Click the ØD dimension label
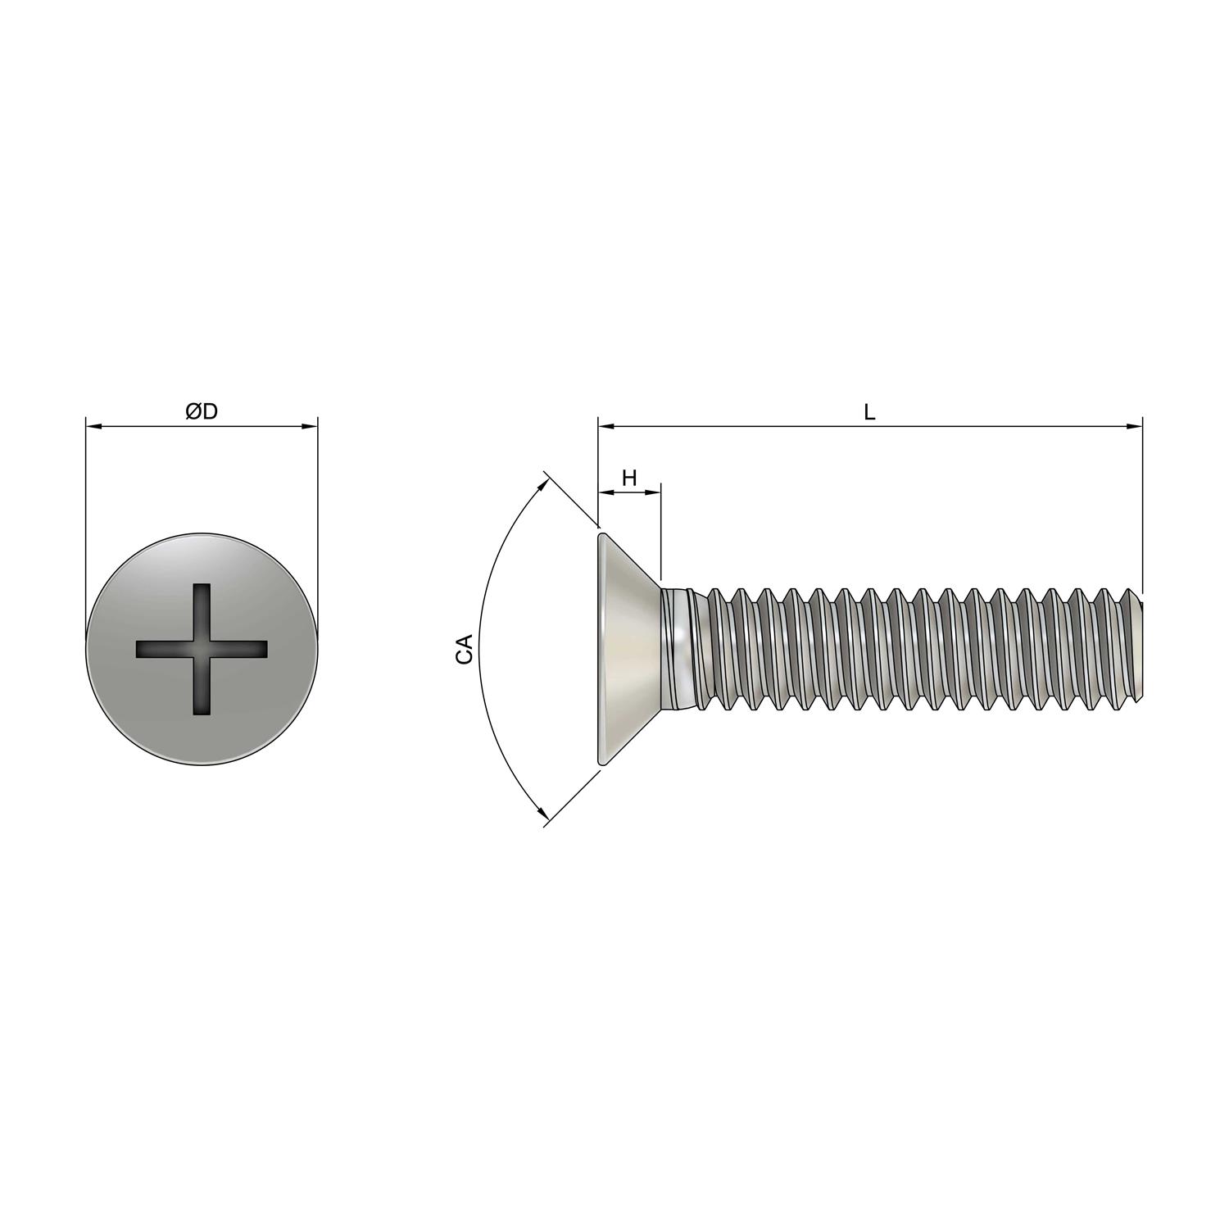[x=202, y=411]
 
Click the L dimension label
[x=870, y=412]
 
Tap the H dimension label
[x=629, y=478]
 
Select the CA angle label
[x=465, y=648]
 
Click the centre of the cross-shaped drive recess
[x=202, y=649]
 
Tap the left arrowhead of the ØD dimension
[x=93, y=426]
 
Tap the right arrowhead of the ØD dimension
[x=310, y=426]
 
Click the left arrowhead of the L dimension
[x=606, y=426]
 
